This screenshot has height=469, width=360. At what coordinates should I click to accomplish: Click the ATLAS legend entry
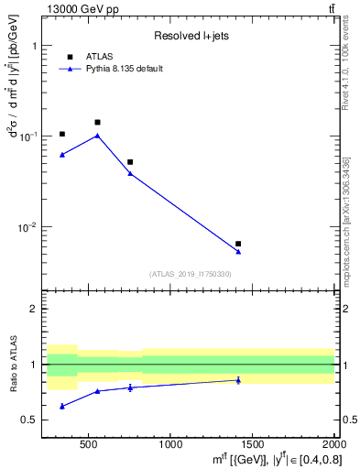(98, 56)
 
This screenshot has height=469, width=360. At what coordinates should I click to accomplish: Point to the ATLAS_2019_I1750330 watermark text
(190, 274)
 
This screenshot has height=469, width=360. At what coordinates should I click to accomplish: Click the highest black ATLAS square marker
(97, 122)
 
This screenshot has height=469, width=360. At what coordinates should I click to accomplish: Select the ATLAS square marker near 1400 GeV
(238, 244)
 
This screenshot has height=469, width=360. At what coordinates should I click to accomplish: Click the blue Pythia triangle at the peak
(97, 136)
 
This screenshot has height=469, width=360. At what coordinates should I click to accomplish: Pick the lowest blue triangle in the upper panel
(238, 252)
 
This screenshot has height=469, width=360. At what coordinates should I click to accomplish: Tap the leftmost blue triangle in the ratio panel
(62, 406)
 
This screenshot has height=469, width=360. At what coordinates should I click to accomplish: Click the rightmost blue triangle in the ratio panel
(238, 380)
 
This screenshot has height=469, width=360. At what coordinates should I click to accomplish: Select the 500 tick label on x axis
(89, 445)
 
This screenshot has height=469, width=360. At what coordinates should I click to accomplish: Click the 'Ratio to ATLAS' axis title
(12, 364)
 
